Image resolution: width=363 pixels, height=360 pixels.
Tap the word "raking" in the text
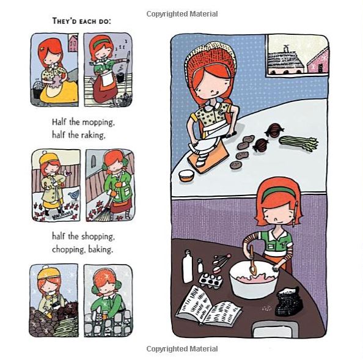tap(92, 135)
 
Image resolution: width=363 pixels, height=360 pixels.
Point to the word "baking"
tap(101, 249)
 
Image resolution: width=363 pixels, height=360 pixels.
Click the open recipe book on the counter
tap(208, 306)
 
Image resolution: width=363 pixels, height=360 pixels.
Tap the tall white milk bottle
tap(188, 266)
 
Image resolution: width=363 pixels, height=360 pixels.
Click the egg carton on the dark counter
tap(211, 281)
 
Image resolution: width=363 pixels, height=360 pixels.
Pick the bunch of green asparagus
tap(299, 143)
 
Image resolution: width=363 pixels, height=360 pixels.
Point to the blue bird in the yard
tap(75, 195)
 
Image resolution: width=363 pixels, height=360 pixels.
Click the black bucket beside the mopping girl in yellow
tap(37, 90)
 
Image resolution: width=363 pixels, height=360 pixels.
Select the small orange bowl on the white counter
tap(186, 175)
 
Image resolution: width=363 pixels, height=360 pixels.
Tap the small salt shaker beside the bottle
tap(200, 266)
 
